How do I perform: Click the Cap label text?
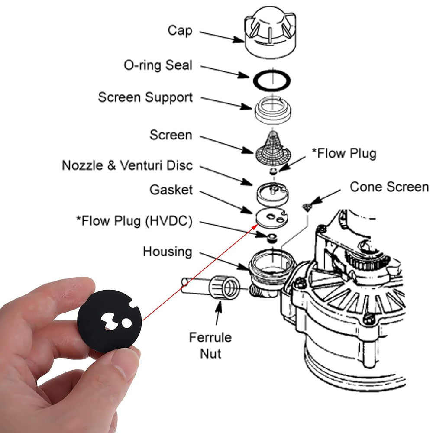pos(180,31)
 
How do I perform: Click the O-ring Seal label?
pos(158,66)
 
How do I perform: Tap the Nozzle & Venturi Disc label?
pos(127,166)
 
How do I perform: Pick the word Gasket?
pos(171,190)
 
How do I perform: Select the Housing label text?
pos(167,252)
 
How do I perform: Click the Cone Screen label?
pos(389,187)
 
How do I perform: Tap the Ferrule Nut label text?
pos(210,345)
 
